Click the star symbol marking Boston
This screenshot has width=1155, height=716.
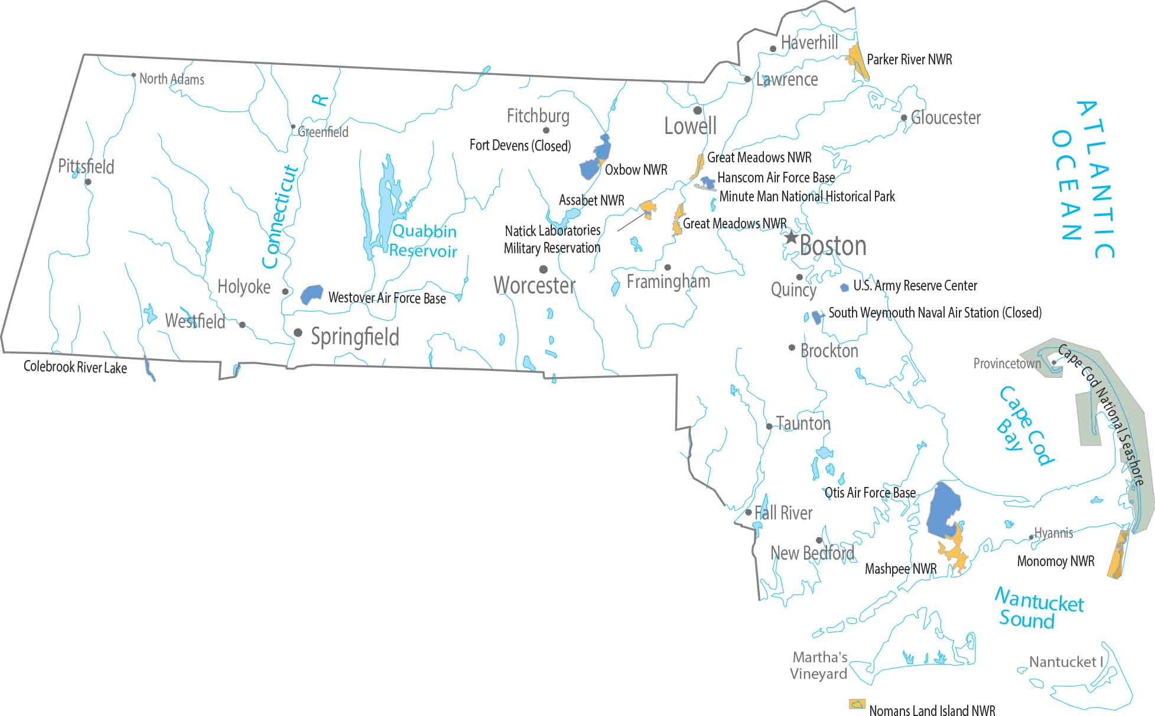click(x=790, y=237)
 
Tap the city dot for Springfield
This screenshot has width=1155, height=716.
click(x=298, y=333)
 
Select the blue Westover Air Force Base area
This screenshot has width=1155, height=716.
click(x=311, y=295)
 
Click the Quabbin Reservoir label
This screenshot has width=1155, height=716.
click(x=423, y=241)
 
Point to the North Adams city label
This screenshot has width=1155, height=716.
click(x=171, y=79)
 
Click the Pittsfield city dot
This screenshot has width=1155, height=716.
click(x=88, y=182)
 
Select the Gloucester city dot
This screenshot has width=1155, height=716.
click(x=904, y=118)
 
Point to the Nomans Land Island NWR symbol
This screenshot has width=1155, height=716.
click(x=857, y=704)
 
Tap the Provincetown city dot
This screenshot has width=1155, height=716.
click(x=1054, y=363)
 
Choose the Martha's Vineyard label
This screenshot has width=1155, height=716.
click(x=819, y=665)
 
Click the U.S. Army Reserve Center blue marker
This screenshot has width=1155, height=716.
click(x=844, y=287)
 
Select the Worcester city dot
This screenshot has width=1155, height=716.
click(x=543, y=270)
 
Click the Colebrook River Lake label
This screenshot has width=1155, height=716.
click(x=75, y=367)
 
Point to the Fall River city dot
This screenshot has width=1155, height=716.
click(x=749, y=512)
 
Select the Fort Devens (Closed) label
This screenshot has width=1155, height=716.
click(x=520, y=145)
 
